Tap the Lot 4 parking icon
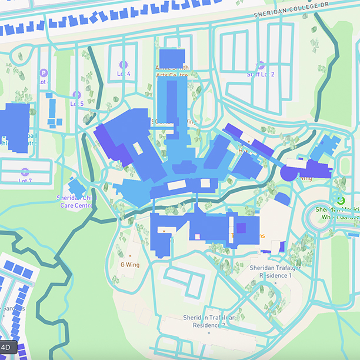(x=123, y=65)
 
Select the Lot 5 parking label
(x=77, y=104)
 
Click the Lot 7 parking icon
(x=25, y=172)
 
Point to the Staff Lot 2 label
(x=261, y=74)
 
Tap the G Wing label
(x=129, y=264)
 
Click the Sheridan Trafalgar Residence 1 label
(x=271, y=271)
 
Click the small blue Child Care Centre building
(x=77, y=188)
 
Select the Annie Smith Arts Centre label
(x=172, y=71)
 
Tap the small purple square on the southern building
(x=241, y=228)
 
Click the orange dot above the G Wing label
(x=130, y=256)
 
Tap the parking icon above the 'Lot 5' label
(x=76, y=95)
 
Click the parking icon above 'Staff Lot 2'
(x=261, y=65)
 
